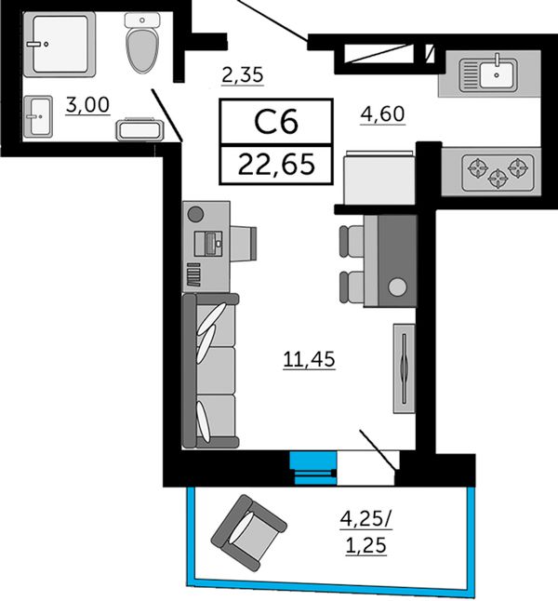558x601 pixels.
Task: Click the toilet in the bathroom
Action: [142, 42]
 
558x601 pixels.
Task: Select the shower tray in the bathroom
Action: [59, 44]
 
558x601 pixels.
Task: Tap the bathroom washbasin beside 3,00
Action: [38, 116]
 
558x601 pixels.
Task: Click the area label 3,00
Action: [87, 105]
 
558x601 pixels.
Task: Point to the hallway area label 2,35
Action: [243, 74]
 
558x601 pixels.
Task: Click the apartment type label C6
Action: [276, 122]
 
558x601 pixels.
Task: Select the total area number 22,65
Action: [276, 165]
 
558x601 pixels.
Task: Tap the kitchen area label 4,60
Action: [382, 114]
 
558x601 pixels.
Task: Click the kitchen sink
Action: [488, 74]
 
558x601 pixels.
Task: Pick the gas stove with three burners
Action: [498, 172]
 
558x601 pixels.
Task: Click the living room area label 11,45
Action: [309, 359]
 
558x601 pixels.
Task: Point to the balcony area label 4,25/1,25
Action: [366, 532]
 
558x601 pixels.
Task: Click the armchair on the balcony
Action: [249, 533]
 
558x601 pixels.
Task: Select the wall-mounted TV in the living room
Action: [404, 368]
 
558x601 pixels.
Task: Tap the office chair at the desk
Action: [243, 243]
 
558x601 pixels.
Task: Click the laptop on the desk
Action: [208, 244]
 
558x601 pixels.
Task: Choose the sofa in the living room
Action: [211, 370]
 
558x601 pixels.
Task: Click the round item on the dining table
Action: [397, 287]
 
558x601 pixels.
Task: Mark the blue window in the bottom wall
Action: [313, 468]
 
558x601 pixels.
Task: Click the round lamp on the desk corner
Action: [195, 214]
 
